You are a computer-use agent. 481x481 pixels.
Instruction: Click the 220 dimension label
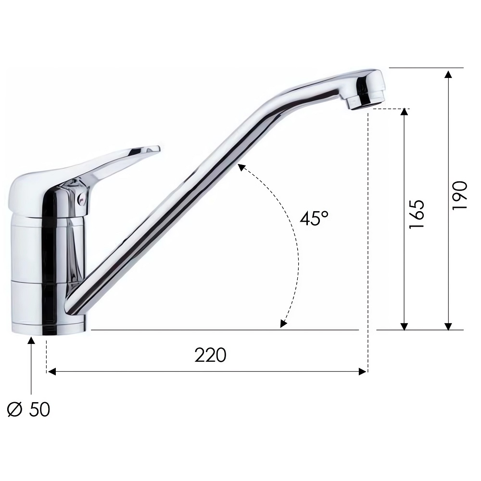click(211, 355)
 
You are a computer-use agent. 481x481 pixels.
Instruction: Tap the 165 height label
click(417, 214)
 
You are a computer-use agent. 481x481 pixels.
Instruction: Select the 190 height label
click(460, 195)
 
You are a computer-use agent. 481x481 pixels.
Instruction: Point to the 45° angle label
click(314, 218)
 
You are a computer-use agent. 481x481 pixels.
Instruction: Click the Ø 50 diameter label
click(28, 409)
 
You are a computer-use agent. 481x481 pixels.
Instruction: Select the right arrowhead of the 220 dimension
click(363, 372)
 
